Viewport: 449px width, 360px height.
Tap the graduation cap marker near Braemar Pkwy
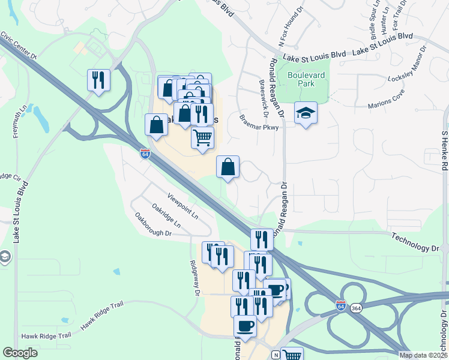coord(306,112)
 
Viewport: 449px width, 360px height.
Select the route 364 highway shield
coord(356,307)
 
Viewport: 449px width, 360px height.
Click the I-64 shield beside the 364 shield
coord(342,305)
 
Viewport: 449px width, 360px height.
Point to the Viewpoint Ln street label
coord(182,206)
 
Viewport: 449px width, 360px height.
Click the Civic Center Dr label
coord(19,46)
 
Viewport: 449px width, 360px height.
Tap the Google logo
coord(20,353)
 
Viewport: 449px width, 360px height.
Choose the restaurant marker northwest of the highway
coord(98,80)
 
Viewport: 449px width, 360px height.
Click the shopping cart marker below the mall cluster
coord(202,137)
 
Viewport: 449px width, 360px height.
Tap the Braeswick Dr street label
coord(262,98)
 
